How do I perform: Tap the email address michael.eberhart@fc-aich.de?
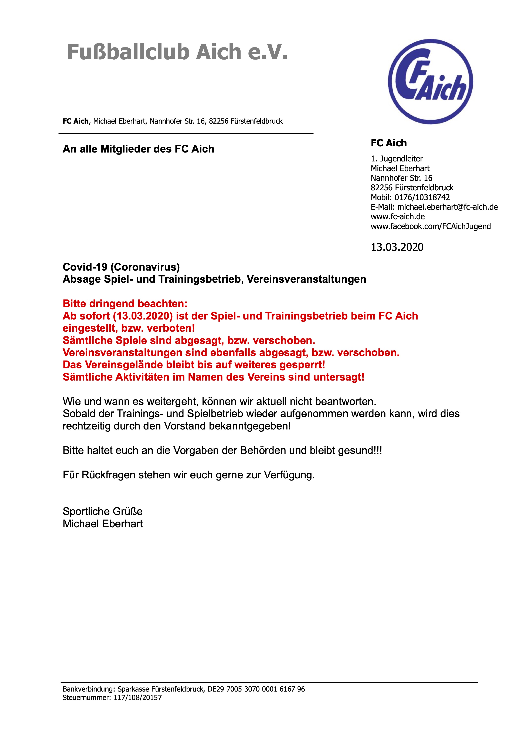448,207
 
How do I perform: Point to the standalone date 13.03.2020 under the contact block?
397,247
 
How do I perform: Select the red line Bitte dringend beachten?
125,304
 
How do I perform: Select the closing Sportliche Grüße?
103,511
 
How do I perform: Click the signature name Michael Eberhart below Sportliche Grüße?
103,524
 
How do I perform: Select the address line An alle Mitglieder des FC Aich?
138,149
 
